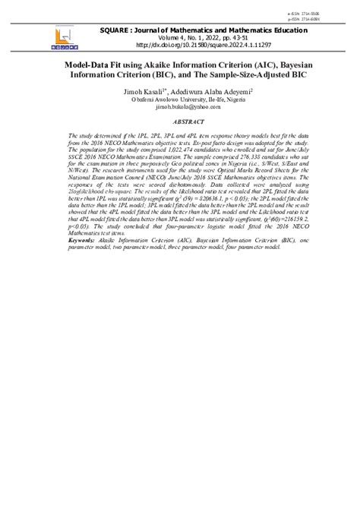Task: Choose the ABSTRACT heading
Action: point(180,121)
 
